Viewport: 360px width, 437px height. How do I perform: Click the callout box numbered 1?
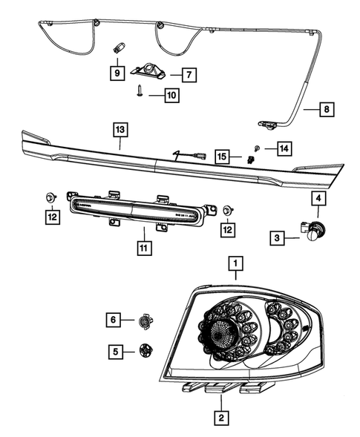(235, 263)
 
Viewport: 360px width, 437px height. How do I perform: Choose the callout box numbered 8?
(326, 110)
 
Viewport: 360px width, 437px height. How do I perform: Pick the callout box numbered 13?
(120, 130)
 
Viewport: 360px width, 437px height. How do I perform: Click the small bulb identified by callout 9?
(117, 48)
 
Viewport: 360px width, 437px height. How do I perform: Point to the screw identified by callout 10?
(140, 90)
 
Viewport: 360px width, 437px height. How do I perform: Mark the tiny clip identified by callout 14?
(255, 146)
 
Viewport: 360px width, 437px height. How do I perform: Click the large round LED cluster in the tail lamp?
(220, 336)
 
